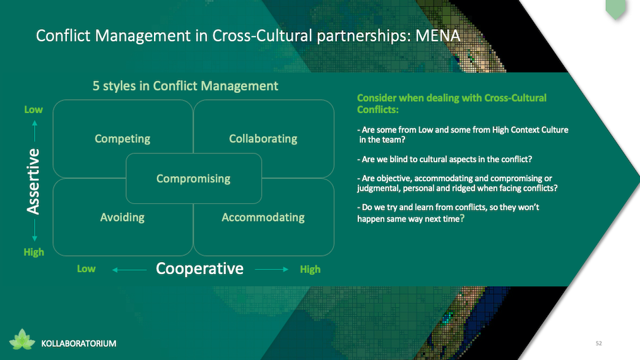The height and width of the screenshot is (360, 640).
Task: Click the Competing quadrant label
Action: pyautogui.click(x=122, y=139)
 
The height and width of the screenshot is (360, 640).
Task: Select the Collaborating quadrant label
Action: pyautogui.click(x=263, y=139)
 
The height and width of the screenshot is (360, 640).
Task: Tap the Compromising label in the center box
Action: pyautogui.click(x=194, y=179)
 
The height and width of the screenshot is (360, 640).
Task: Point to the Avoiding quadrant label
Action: pyautogui.click(x=122, y=217)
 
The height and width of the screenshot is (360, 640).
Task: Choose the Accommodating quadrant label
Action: pyautogui.click(x=263, y=217)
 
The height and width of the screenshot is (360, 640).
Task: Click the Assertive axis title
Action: pyautogui.click(x=33, y=181)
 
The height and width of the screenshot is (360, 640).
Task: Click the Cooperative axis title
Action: pyautogui.click(x=199, y=268)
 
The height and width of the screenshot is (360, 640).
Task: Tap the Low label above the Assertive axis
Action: pyautogui.click(x=33, y=109)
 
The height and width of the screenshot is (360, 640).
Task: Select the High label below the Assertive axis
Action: pyautogui.click(x=33, y=252)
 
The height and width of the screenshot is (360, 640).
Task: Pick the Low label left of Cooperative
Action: pyautogui.click(x=86, y=269)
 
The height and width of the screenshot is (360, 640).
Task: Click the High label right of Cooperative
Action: pyautogui.click(x=310, y=269)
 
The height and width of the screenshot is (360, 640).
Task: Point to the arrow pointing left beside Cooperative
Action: pyautogui.click(x=129, y=270)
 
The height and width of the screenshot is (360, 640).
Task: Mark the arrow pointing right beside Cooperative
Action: pyautogui.click(x=272, y=269)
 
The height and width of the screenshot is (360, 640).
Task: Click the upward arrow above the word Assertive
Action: pyautogui.click(x=35, y=131)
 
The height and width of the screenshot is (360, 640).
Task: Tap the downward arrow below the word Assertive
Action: pyautogui.click(x=35, y=231)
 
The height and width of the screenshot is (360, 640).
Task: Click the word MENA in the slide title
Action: pyautogui.click(x=438, y=36)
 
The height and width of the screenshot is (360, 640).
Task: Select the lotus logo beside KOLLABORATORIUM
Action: pyautogui.click(x=22, y=340)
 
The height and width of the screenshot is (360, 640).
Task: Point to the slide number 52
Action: pyautogui.click(x=599, y=343)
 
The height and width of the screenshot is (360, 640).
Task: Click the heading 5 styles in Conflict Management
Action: pyautogui.click(x=186, y=86)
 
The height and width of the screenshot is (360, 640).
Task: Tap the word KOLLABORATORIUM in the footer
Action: pyautogui.click(x=79, y=344)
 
